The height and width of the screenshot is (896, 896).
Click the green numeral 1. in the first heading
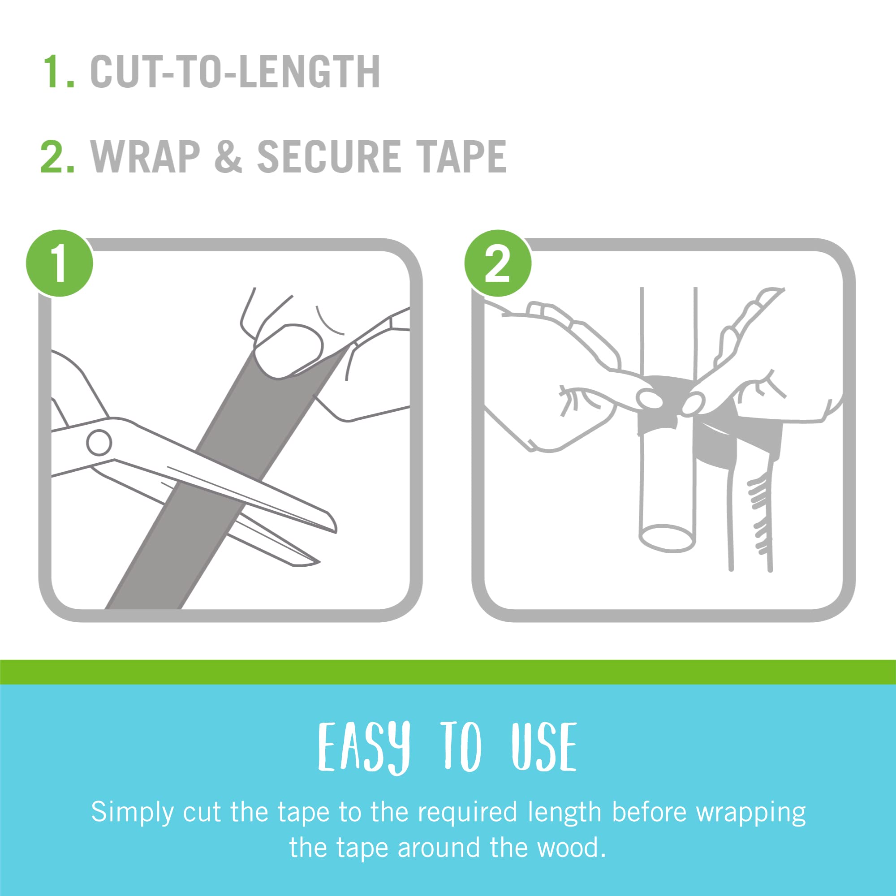(x=58, y=71)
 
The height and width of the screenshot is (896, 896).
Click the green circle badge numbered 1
(x=60, y=263)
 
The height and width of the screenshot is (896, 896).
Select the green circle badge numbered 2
(x=498, y=263)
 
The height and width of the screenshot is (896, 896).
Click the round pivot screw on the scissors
(x=99, y=443)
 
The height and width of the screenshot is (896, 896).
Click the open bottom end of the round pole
(x=668, y=538)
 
